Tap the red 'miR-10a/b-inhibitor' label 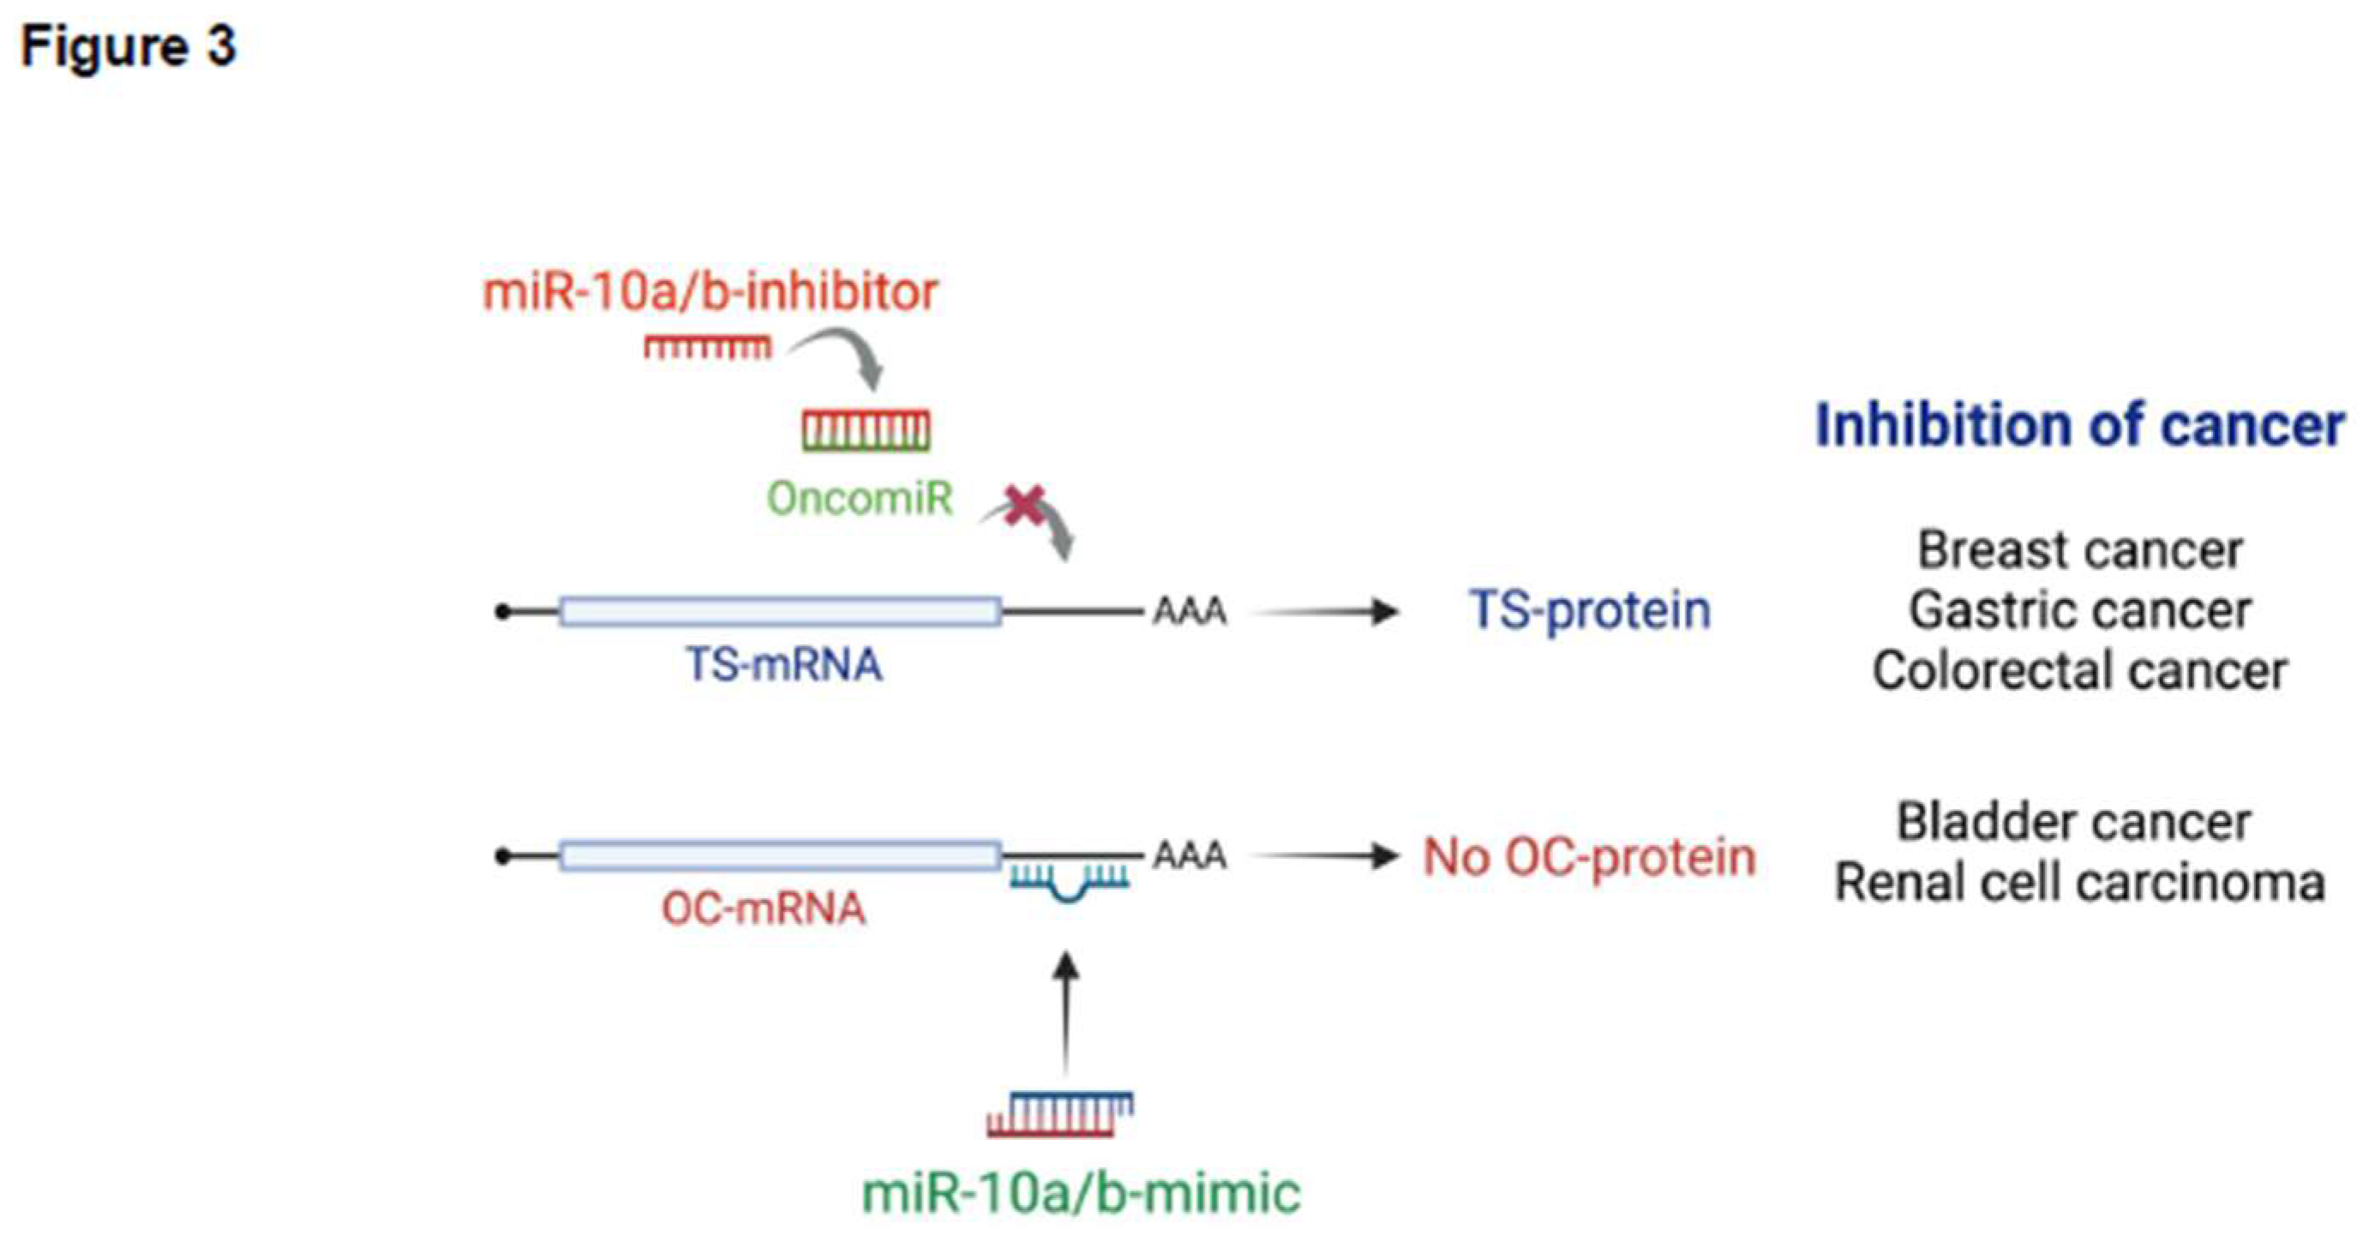pyautogui.click(x=710, y=292)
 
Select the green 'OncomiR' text pyautogui.click(x=860, y=499)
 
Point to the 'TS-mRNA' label pyautogui.click(x=783, y=664)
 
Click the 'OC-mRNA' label pyautogui.click(x=764, y=908)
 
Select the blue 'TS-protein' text pyautogui.click(x=1590, y=609)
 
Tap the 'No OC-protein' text pyautogui.click(x=1589, y=857)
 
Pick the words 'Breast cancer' pyautogui.click(x=2080, y=550)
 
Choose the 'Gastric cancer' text pyautogui.click(x=2080, y=609)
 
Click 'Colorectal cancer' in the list pyautogui.click(x=2080, y=670)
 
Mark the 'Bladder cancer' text pyautogui.click(x=2074, y=821)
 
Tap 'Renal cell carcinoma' pyautogui.click(x=2080, y=883)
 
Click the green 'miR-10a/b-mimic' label pyautogui.click(x=1082, y=1193)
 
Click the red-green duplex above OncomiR pyautogui.click(x=866, y=430)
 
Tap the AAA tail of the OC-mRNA pyautogui.click(x=1190, y=855)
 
